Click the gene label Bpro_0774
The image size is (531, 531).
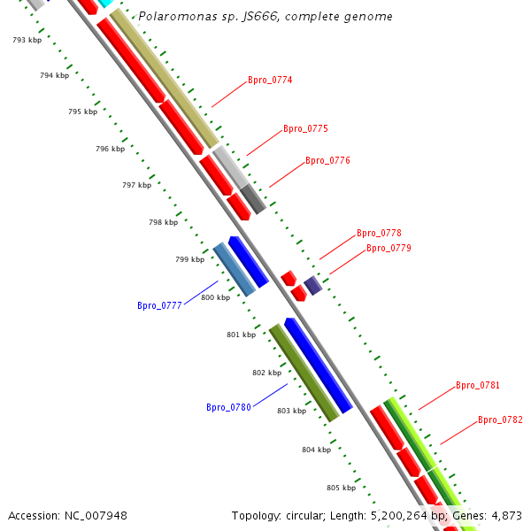[270, 81]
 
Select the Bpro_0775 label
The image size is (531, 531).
[305, 129]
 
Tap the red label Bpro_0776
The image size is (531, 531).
[327, 161]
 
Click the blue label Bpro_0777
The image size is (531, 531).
[159, 306]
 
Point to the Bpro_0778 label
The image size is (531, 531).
[379, 234]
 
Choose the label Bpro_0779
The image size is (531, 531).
[389, 249]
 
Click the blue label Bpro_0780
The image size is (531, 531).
[228, 408]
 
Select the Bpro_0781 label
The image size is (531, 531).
[478, 386]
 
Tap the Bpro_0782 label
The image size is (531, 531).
[500, 420]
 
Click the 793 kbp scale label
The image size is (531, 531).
[27, 41]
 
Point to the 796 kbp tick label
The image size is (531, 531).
[110, 150]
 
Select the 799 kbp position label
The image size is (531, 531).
[189, 259]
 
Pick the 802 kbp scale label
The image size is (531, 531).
[266, 373]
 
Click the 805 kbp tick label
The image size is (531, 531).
[341, 489]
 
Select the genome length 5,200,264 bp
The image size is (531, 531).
[406, 516]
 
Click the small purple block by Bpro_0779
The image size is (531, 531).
[312, 285]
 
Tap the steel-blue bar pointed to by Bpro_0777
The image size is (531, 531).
[234, 269]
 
